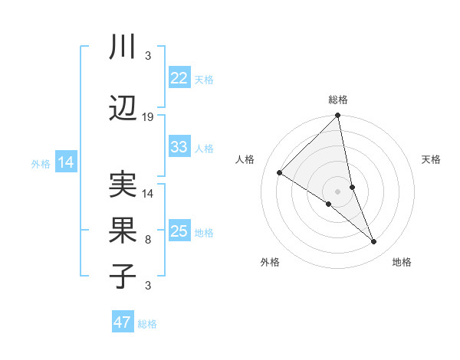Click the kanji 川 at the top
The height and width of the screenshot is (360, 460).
pyautogui.click(x=123, y=47)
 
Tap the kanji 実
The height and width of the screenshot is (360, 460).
pyautogui.click(x=123, y=185)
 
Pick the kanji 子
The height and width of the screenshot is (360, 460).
pyautogui.click(x=123, y=277)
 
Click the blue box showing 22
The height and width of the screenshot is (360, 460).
pyautogui.click(x=179, y=78)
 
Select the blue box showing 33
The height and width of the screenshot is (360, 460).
pyautogui.click(x=179, y=147)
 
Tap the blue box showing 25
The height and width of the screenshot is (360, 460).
pyautogui.click(x=179, y=231)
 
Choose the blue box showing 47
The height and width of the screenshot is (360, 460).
pyautogui.click(x=123, y=322)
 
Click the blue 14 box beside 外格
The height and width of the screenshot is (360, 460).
pyautogui.click(x=66, y=162)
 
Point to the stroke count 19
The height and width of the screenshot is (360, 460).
pyautogui.click(x=148, y=117)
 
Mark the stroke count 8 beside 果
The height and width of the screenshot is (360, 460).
pyautogui.click(x=148, y=240)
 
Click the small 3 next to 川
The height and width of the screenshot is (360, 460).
pyautogui.click(x=148, y=56)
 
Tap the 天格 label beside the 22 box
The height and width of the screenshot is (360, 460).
pyautogui.click(x=204, y=79)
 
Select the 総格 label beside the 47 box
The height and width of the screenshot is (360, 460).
pyautogui.click(x=147, y=324)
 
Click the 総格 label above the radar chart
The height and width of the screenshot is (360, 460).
pyautogui.click(x=338, y=100)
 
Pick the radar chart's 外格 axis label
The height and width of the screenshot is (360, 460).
pyautogui.click(x=270, y=262)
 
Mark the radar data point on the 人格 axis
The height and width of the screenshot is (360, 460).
pyautogui.click(x=280, y=172)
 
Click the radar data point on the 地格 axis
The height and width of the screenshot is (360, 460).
pyautogui.click(x=374, y=242)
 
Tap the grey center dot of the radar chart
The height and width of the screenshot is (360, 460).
pyautogui.click(x=337, y=191)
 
